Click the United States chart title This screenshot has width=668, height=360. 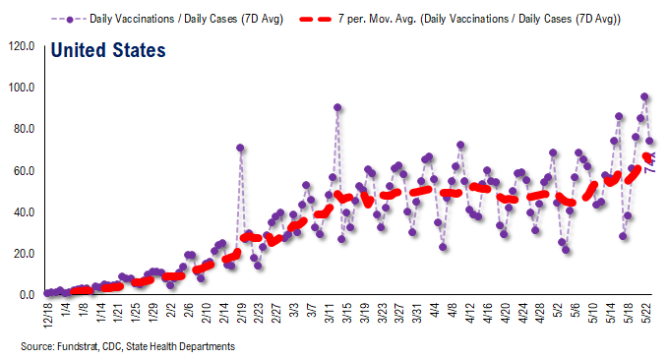pyautogui.click(x=107, y=49)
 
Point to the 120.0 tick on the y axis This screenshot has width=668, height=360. pyautogui.click(x=21, y=46)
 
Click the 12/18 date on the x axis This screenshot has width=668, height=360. pyautogui.click(x=47, y=316)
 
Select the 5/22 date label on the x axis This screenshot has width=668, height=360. pyautogui.click(x=649, y=316)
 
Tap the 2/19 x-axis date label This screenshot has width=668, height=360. pyautogui.click(x=241, y=316)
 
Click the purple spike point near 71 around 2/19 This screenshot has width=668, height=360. pyautogui.click(x=240, y=148)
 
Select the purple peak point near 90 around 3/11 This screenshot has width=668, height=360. pyautogui.click(x=337, y=107)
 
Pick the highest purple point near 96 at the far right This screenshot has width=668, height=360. pyautogui.click(x=644, y=96)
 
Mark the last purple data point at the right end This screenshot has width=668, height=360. pyautogui.click(x=649, y=142)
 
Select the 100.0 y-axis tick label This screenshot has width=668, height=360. pyautogui.click(x=21, y=88)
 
